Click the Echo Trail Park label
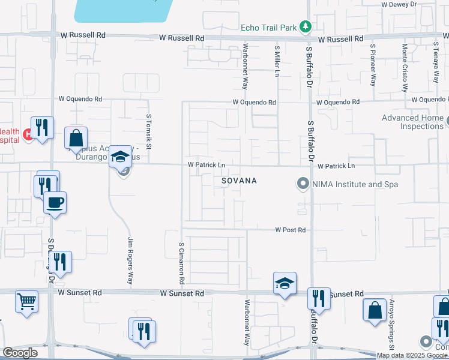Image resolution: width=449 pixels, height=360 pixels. point(269,27)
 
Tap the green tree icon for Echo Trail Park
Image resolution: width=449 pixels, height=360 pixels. point(306,26)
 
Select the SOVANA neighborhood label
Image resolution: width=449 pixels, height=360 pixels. point(239,181)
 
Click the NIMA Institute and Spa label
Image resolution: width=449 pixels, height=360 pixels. point(355,184)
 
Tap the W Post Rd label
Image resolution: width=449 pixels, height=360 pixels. point(291,230)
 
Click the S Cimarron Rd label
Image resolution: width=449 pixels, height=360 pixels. point(181,263)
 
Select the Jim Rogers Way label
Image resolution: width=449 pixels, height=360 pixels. point(130,260)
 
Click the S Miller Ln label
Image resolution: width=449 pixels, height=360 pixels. point(277,62)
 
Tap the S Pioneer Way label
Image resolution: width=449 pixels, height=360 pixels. point(373,64)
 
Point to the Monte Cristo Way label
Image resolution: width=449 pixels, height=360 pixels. point(405,67)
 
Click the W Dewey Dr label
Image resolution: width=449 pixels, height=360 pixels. point(399,4)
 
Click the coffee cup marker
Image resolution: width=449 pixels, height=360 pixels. point(55,203)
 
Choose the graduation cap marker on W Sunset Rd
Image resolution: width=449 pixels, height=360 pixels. point(285,283)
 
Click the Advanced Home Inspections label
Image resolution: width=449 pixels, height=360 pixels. point(412,122)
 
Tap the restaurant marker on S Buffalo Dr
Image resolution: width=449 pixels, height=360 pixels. point(319,298)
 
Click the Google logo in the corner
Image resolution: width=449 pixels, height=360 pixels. point(20,352)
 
